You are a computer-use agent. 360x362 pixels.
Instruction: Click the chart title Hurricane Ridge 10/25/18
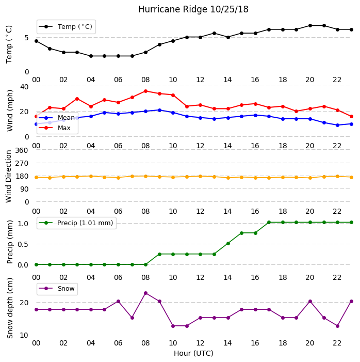tap(193, 9)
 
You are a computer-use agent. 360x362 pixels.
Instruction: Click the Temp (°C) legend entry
tap(66, 27)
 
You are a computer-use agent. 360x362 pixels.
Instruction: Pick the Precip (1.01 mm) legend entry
tap(76, 223)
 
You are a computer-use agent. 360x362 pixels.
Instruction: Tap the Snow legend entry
tap(57, 289)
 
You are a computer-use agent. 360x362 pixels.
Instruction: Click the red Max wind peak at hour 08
tap(145, 91)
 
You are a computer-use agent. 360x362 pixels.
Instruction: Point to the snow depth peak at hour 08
tap(145, 293)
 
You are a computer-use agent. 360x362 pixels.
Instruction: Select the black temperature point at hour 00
tap(36, 41)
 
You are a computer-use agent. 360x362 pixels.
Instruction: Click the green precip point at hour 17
tap(269, 223)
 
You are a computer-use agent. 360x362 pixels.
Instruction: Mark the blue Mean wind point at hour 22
tap(338, 125)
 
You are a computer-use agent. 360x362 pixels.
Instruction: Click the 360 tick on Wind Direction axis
tap(22, 150)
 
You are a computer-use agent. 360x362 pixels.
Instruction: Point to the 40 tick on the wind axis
tap(24, 87)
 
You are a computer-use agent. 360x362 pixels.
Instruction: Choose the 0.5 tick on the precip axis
tap(23, 244)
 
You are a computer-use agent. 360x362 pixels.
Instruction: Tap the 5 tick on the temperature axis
tap(26, 38)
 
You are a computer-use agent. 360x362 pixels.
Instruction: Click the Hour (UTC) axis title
tap(193, 353)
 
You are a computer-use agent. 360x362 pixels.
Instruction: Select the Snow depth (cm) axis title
tap(10, 308)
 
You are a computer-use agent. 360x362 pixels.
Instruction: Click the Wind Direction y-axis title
tap(9, 177)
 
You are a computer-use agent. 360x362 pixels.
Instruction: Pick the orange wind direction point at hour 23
tap(351, 177)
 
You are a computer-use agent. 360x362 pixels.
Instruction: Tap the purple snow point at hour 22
tap(338, 326)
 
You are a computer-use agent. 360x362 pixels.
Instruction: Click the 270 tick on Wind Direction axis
tap(22, 164)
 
